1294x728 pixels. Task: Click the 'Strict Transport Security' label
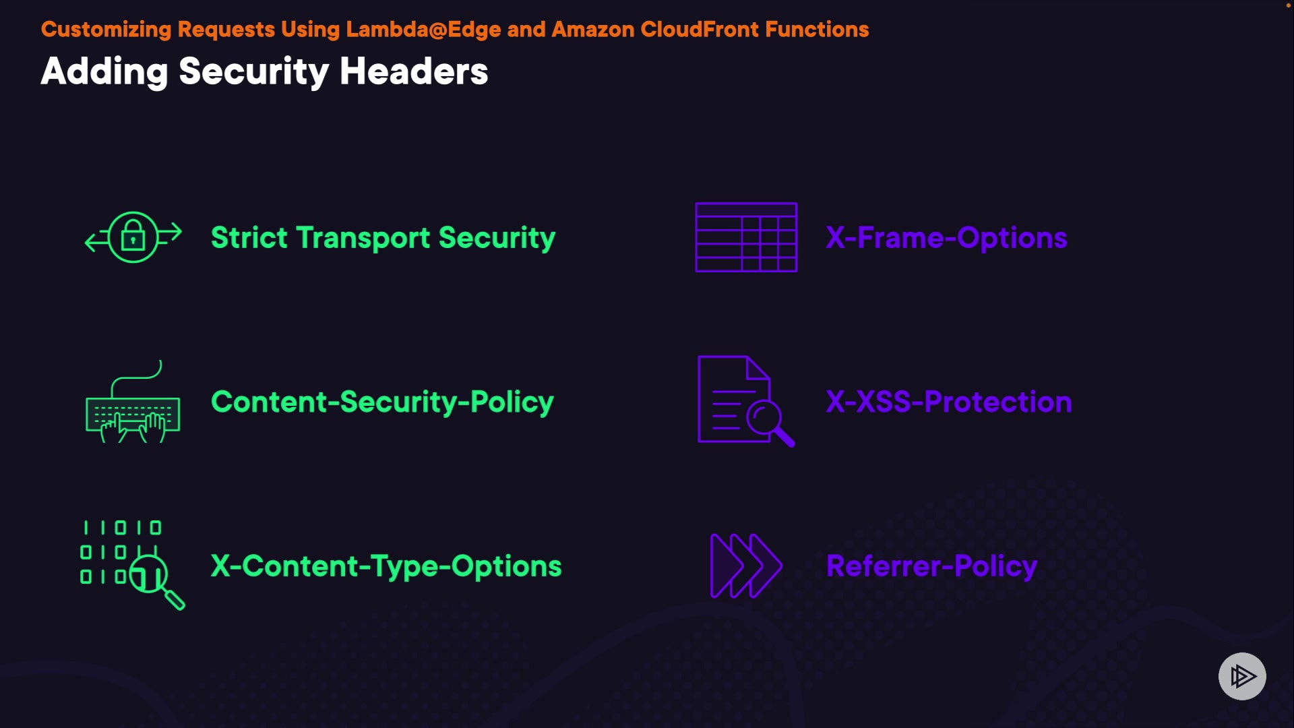pyautogui.click(x=383, y=238)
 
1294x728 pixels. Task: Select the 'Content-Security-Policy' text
pyautogui.click(x=382, y=402)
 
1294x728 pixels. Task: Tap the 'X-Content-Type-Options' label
pyautogui.click(x=386, y=566)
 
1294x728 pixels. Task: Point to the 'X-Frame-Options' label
pyautogui.click(x=946, y=238)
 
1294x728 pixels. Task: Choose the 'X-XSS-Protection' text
pyautogui.click(x=949, y=402)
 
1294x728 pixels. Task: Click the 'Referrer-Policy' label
pyautogui.click(x=931, y=566)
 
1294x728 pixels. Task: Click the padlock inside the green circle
pyautogui.click(x=133, y=236)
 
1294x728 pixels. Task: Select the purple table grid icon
pyautogui.click(x=746, y=237)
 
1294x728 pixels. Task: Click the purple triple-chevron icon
pyautogui.click(x=745, y=566)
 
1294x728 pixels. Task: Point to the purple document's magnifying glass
pyautogui.click(x=768, y=421)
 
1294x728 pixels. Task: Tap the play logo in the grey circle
pyautogui.click(x=1242, y=676)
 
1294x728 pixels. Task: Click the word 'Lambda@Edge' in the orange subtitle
pyautogui.click(x=423, y=30)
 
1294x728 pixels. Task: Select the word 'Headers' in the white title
pyautogui.click(x=414, y=71)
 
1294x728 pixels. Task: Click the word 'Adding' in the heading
pyautogui.click(x=104, y=71)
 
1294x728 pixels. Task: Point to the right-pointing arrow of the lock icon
pyautogui.click(x=172, y=232)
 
